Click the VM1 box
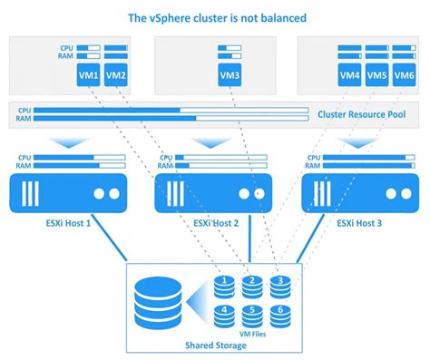tap(88, 76)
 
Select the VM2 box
tap(116, 76)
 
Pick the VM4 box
tap(349, 76)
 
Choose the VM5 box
tap(377, 76)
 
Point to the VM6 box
tap(406, 76)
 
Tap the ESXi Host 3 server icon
tap(358, 193)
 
